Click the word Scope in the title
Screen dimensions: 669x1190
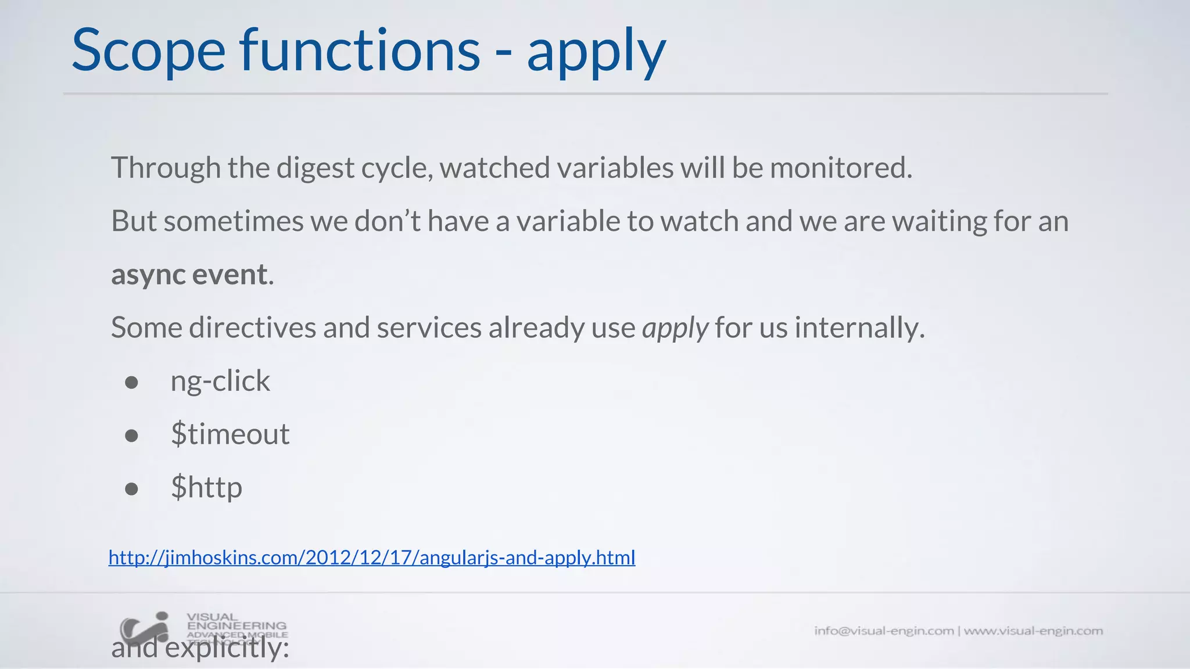click(148, 51)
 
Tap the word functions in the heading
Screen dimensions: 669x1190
click(360, 51)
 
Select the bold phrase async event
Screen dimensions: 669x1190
click(189, 275)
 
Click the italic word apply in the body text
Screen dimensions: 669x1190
click(675, 328)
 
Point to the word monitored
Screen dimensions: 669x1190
click(841, 168)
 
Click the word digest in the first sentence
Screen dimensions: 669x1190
click(315, 168)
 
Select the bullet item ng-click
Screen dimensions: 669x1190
click(220, 382)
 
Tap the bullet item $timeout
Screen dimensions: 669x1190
click(230, 434)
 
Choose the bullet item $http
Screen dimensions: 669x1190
click(206, 488)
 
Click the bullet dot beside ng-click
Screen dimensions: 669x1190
click(132, 382)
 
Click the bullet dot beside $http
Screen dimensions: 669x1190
click(132, 489)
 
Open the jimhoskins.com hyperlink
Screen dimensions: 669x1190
click(372, 557)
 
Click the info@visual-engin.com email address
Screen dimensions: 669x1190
click(883, 631)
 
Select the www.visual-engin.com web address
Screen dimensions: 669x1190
click(1033, 631)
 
